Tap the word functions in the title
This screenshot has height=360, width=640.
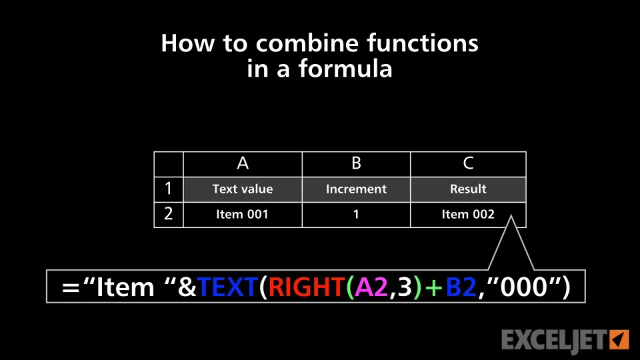(x=423, y=43)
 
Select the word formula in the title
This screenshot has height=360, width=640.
(x=345, y=68)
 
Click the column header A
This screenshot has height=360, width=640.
(x=243, y=164)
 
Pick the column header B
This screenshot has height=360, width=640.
(x=356, y=164)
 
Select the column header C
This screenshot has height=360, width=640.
(x=468, y=164)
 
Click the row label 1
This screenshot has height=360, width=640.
(x=168, y=189)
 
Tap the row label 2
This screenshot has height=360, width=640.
(x=168, y=214)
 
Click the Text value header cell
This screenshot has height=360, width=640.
(x=243, y=189)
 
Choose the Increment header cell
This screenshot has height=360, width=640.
(x=356, y=189)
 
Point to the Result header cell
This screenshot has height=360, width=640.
(x=468, y=189)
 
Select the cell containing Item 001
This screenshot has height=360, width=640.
(x=243, y=214)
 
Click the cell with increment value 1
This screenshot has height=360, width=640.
(x=356, y=214)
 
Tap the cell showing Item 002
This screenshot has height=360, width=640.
(x=468, y=214)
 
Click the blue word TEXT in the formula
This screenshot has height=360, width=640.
(x=227, y=287)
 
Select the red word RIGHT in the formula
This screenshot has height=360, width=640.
(x=306, y=287)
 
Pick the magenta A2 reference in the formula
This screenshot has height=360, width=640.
(x=371, y=287)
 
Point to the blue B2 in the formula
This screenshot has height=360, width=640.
(x=461, y=287)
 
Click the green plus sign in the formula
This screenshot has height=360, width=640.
(x=433, y=287)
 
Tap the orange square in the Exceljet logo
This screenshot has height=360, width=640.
(x=619, y=339)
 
